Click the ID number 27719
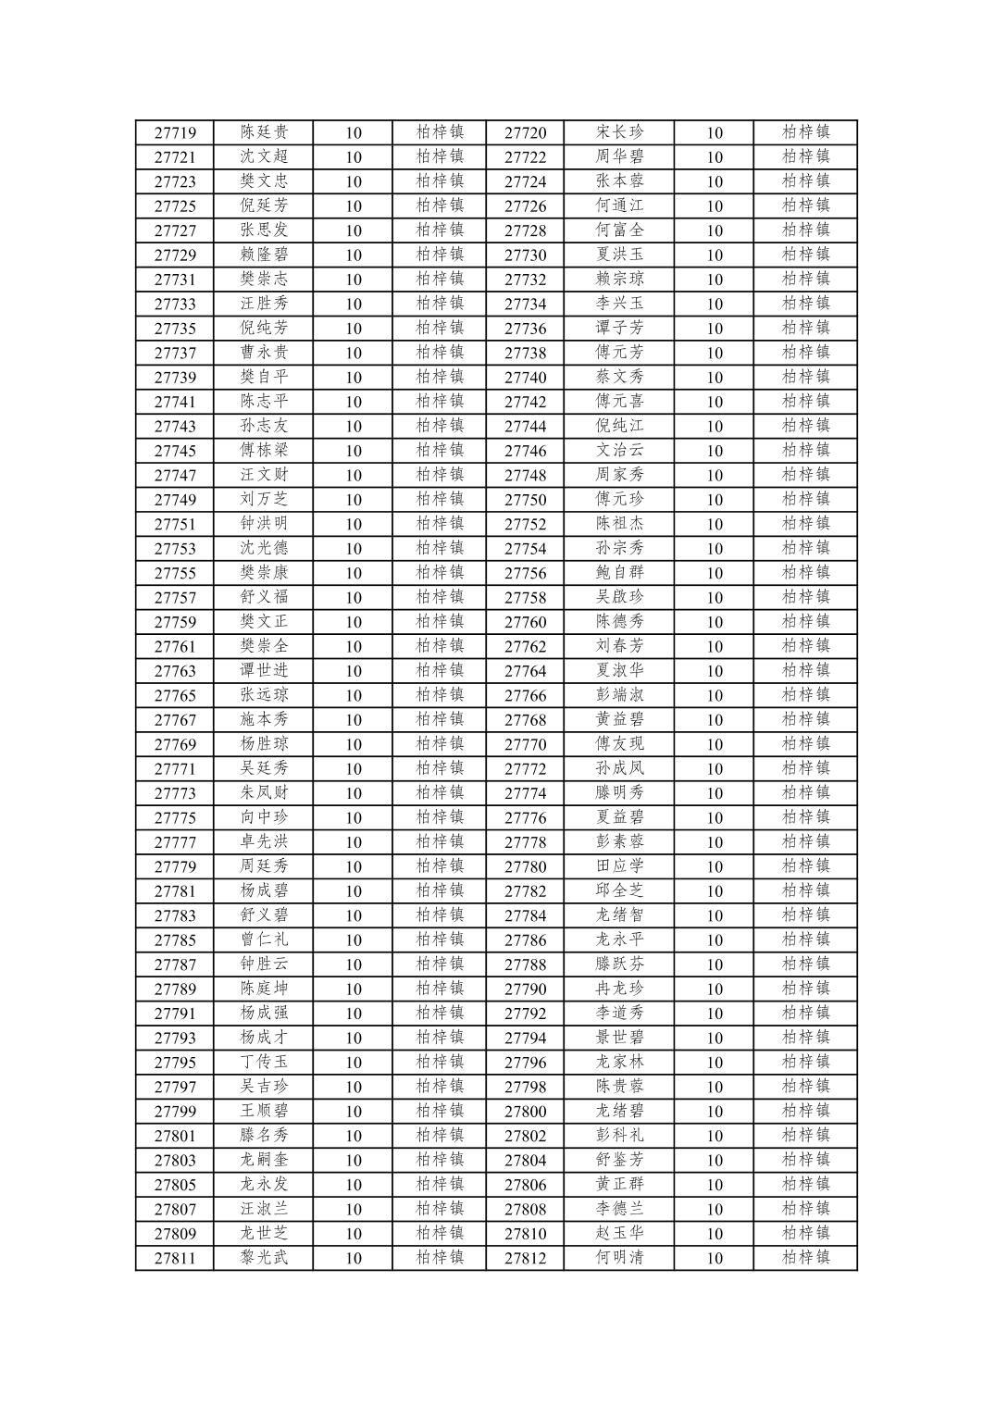[x=175, y=132]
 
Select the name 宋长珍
[x=619, y=132]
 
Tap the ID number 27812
[x=525, y=1258]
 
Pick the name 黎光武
[x=264, y=1258]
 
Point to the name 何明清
[x=619, y=1258]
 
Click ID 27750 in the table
[x=525, y=500]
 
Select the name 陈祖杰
[x=619, y=524]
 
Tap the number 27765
[x=175, y=695]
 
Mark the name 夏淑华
[x=619, y=671]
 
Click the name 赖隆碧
[x=264, y=255]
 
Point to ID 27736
[x=525, y=329]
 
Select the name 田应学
[x=619, y=866]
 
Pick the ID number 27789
[x=175, y=989]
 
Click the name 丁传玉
[x=264, y=1062]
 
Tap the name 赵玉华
[x=619, y=1233]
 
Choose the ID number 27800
[x=525, y=1111]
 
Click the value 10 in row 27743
[x=354, y=426]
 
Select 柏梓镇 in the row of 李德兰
[x=805, y=1209]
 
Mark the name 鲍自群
[x=619, y=573]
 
